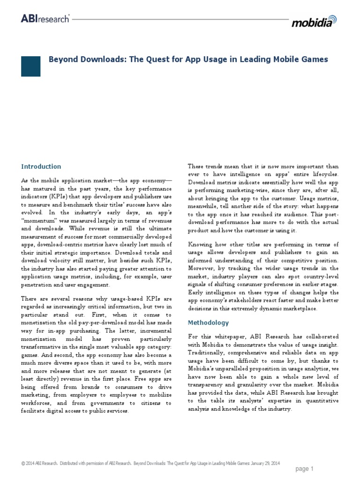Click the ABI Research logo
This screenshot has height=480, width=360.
(45, 18)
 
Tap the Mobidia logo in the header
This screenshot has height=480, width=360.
(314, 22)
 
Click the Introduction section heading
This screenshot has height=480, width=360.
(41, 166)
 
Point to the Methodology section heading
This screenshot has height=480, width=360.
(208, 322)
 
